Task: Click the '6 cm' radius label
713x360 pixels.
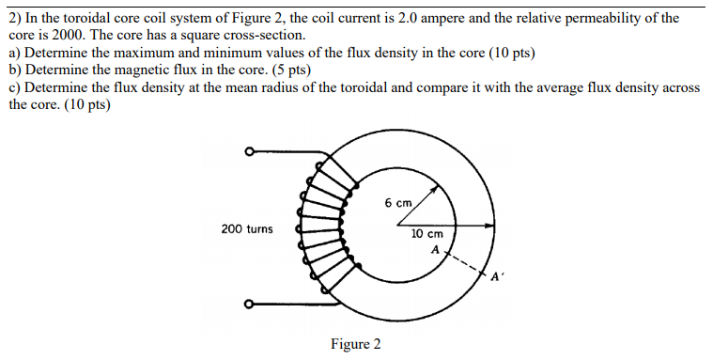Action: tap(398, 203)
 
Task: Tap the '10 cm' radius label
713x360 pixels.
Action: tap(427, 234)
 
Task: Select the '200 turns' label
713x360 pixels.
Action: tap(247, 228)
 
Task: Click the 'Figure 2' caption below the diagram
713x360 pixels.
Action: tap(355, 344)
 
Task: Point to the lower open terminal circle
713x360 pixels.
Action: tap(249, 304)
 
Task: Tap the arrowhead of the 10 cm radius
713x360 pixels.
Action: tap(490, 226)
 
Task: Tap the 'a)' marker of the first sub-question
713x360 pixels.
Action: tap(15, 53)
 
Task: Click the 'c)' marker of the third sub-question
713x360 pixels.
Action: tap(15, 86)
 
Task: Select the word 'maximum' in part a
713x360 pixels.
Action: tap(144, 53)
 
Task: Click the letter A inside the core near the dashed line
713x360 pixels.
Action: tap(435, 250)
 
